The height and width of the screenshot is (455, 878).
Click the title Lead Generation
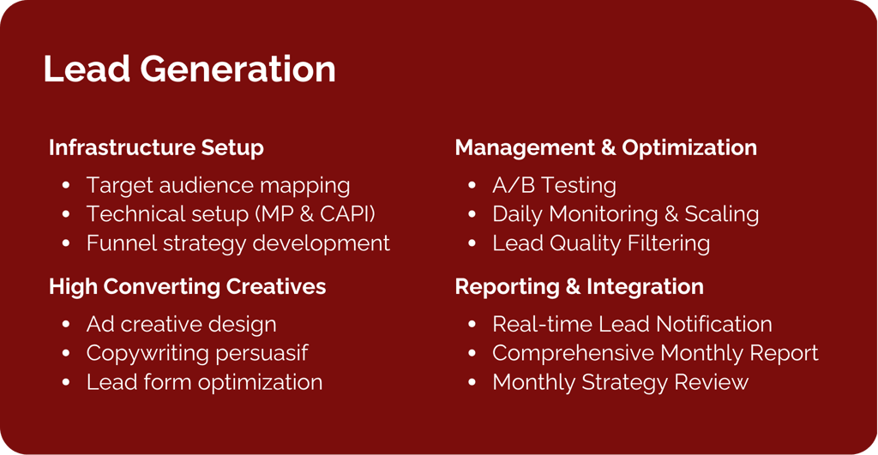pyautogui.click(x=189, y=69)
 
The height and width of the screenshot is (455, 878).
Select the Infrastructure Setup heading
pyautogui.click(x=156, y=147)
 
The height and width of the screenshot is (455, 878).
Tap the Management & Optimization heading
pyautogui.click(x=606, y=147)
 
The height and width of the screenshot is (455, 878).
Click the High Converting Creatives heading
pyautogui.click(x=187, y=286)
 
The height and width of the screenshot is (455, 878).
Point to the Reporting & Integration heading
pyautogui.click(x=579, y=286)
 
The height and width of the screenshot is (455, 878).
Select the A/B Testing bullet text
pyautogui.click(x=555, y=185)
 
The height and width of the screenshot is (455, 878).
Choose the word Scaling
pyautogui.click(x=722, y=214)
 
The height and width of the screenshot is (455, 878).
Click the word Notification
pyautogui.click(x=714, y=324)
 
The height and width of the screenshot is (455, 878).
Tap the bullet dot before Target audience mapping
pyautogui.click(x=66, y=185)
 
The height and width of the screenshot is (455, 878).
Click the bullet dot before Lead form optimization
pyautogui.click(x=66, y=382)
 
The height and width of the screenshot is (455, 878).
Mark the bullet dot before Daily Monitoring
pyautogui.click(x=472, y=214)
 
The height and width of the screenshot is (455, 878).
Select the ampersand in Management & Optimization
pyautogui.click(x=608, y=147)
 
